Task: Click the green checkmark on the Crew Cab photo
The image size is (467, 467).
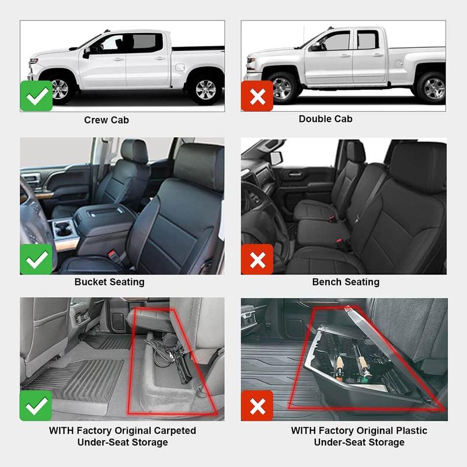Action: [x=36, y=96]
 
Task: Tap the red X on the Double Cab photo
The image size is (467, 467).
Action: [x=257, y=96]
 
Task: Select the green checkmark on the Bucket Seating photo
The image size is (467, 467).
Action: [x=36, y=259]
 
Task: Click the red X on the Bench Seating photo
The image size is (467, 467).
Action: [x=257, y=259]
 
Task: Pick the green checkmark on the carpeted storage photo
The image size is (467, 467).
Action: [x=36, y=405]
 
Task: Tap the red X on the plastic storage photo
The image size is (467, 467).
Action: [x=257, y=406]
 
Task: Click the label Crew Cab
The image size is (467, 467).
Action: [x=106, y=120]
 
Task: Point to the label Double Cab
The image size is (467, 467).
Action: [x=326, y=119]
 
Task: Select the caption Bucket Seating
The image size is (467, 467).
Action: [x=109, y=282]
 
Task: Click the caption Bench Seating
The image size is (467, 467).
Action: [x=346, y=282]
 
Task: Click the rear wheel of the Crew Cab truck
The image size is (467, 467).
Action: [x=205, y=89]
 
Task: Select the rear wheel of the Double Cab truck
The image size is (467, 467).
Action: [x=433, y=88]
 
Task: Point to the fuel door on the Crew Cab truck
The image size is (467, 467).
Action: [x=180, y=67]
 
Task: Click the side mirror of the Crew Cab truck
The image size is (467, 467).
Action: [x=87, y=53]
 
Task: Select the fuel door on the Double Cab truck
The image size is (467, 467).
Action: [x=399, y=63]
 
